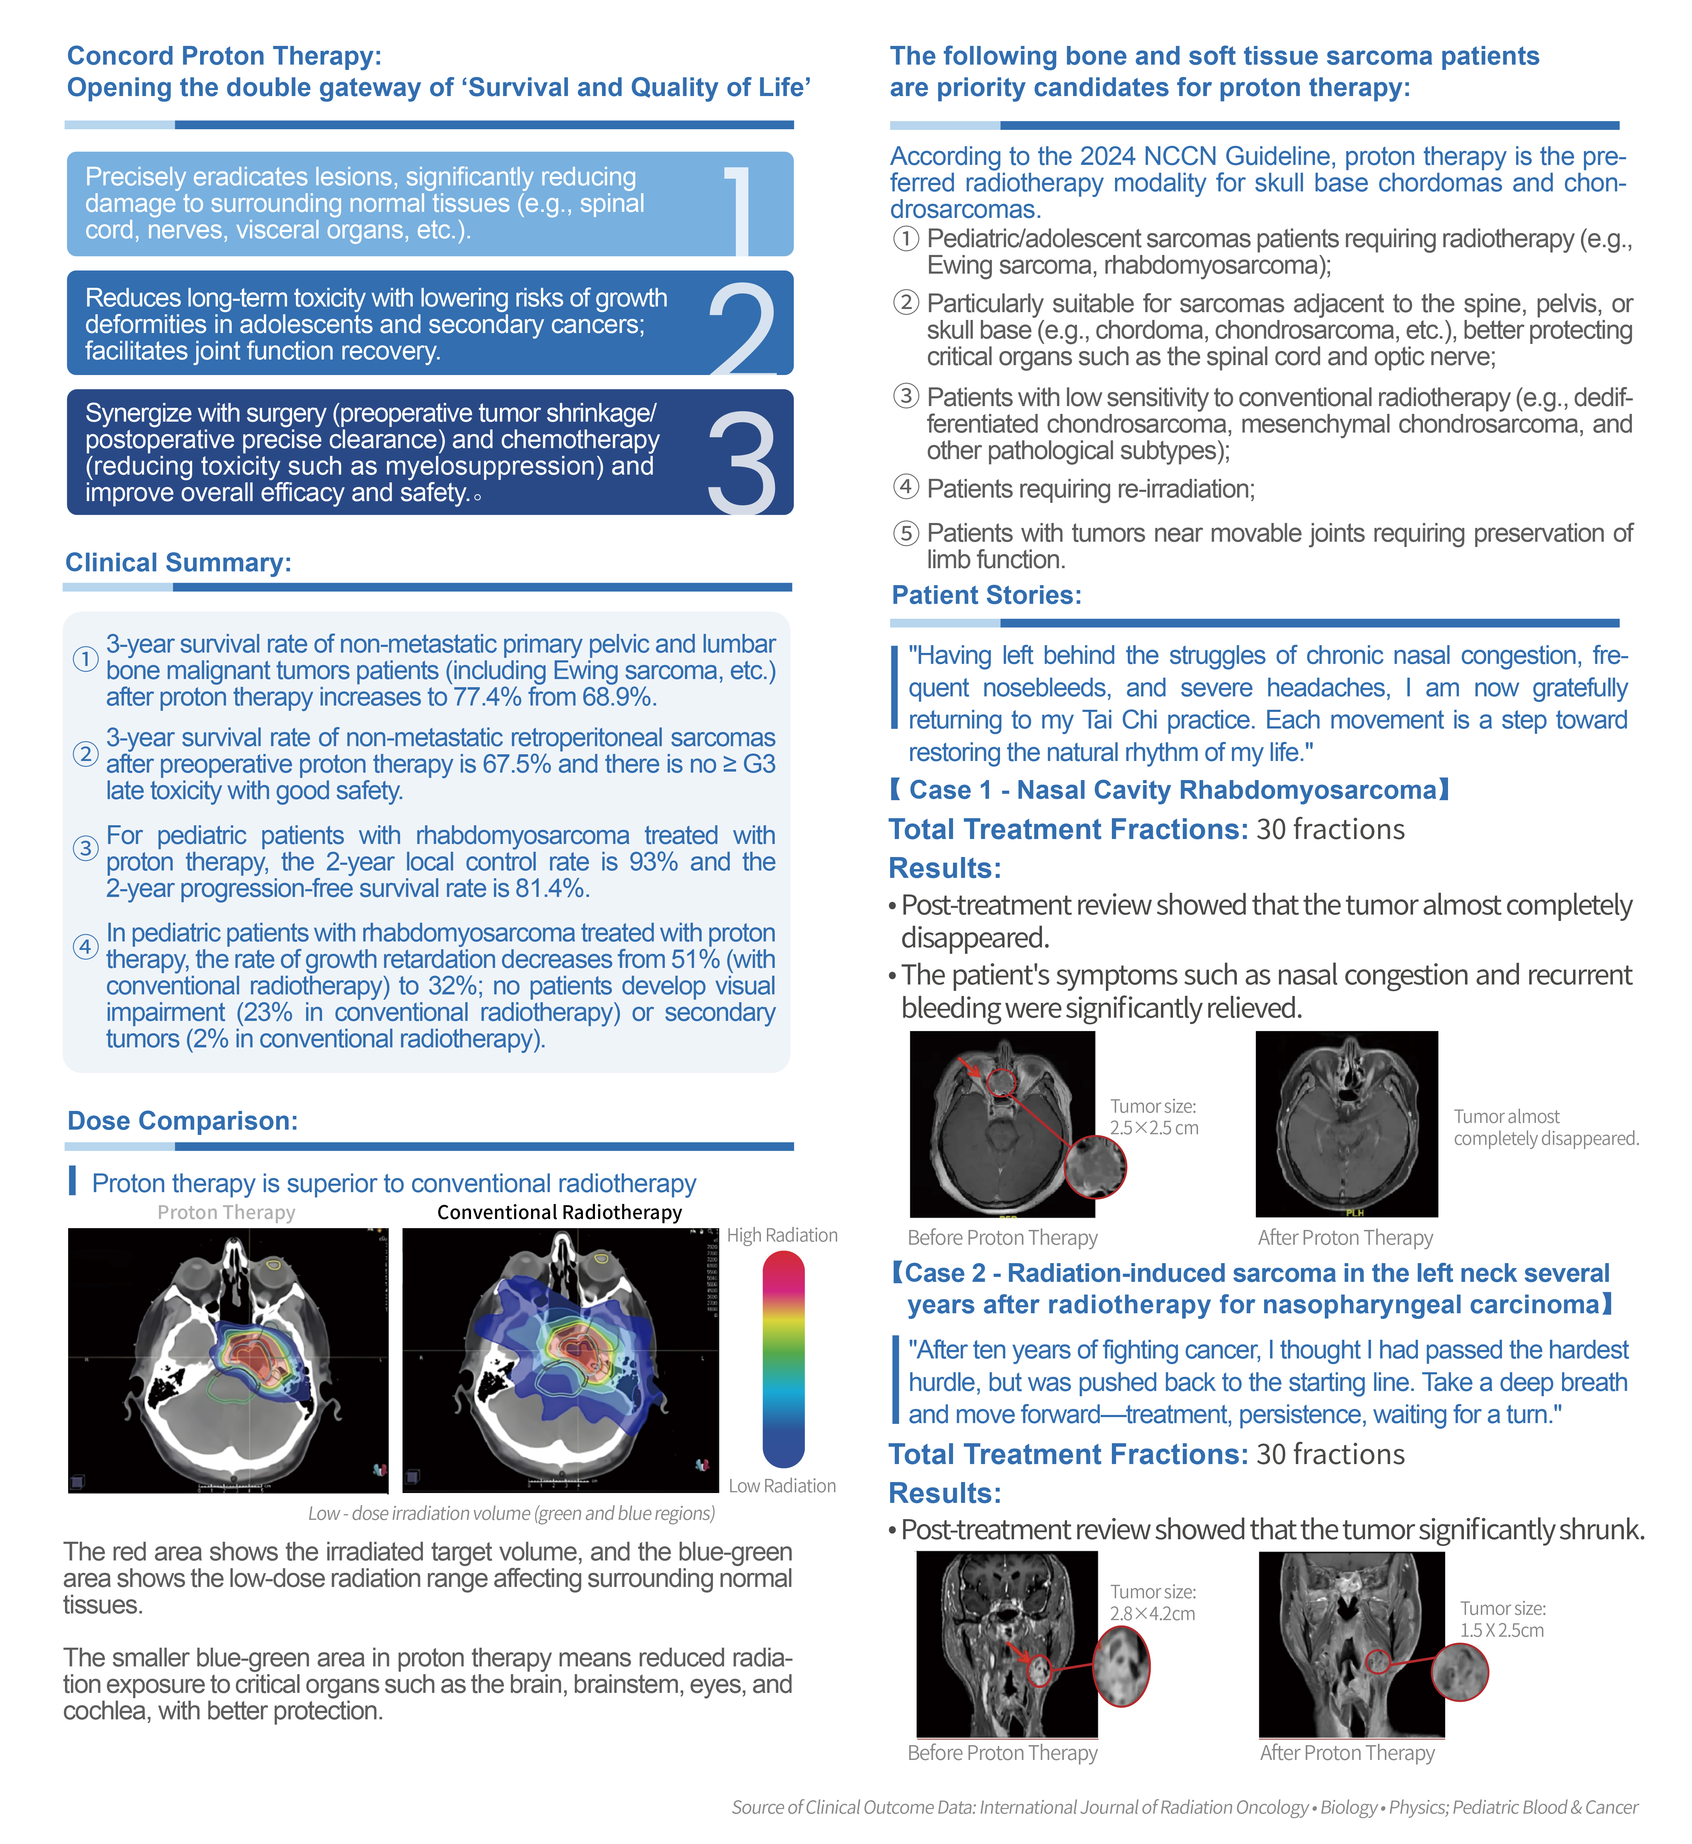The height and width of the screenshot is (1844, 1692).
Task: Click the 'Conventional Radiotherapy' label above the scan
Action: click(559, 1212)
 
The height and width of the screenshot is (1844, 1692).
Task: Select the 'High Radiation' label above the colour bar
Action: click(782, 1235)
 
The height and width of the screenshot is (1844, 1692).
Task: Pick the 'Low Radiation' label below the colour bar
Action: click(782, 1485)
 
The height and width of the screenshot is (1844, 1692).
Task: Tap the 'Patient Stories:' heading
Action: click(986, 595)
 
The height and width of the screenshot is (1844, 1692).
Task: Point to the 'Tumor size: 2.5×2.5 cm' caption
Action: click(1154, 1117)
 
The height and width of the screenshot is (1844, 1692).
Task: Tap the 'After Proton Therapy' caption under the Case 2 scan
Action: click(1347, 1753)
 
